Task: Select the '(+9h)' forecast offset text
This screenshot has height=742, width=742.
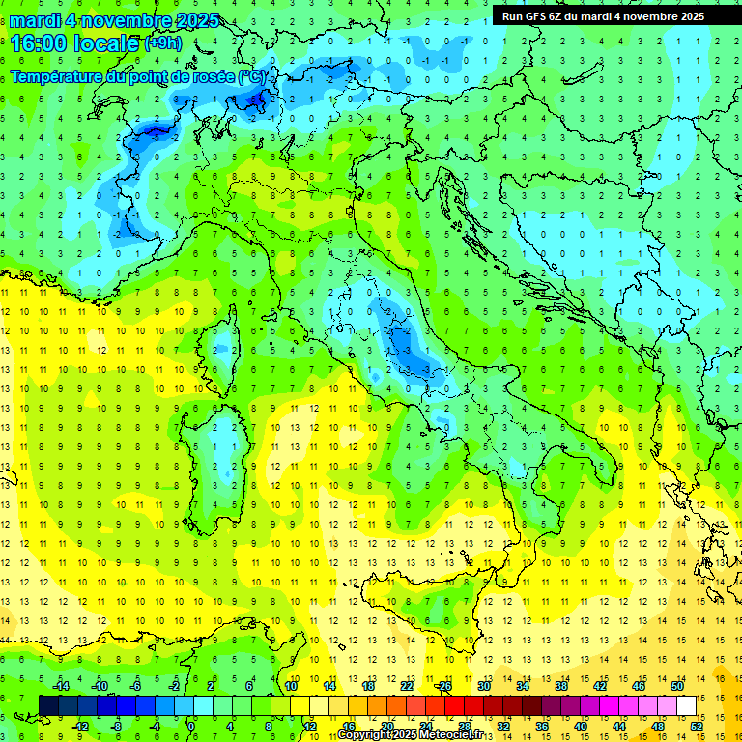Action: [161, 43]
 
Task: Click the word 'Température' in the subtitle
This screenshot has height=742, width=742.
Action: [62, 76]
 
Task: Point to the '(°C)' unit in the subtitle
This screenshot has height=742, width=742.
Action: [255, 76]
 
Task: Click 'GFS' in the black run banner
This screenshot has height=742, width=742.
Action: [533, 16]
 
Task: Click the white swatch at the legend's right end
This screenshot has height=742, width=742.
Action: [686, 705]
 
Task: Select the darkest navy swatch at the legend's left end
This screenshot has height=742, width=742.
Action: [48, 705]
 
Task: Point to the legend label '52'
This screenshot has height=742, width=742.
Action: [697, 726]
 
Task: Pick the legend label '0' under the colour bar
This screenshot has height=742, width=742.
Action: [190, 726]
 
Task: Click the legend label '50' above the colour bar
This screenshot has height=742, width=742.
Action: [676, 686]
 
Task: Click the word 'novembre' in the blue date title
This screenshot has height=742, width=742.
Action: [124, 19]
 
